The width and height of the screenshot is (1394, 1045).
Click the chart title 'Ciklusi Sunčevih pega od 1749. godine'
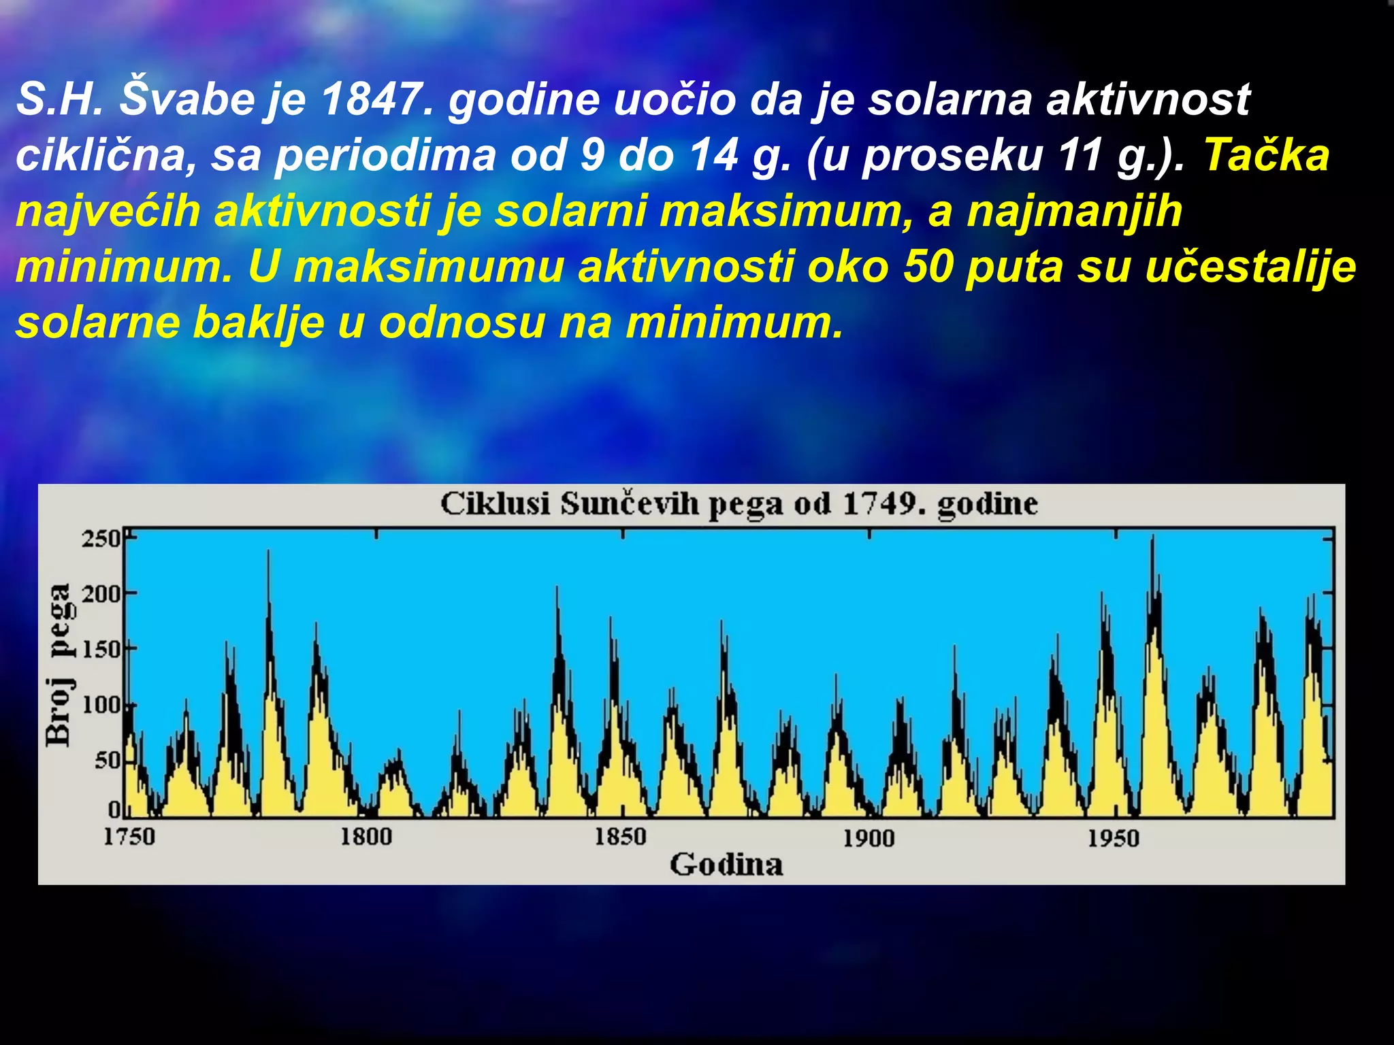coord(739,505)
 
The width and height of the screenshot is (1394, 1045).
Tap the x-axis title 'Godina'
coord(726,865)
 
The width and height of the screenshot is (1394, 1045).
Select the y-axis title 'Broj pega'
coord(60,665)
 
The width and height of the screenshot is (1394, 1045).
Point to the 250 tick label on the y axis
coord(101,539)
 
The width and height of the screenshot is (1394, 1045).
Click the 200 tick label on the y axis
coord(101,594)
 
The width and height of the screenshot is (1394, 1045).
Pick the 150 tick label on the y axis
coord(101,649)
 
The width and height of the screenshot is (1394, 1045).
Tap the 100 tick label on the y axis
coord(101,705)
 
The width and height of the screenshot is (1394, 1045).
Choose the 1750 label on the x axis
coord(129,836)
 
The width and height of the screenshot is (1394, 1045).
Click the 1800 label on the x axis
coord(366,836)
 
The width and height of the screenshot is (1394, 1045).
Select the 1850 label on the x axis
coord(620,836)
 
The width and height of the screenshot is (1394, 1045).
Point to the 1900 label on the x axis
coord(869,837)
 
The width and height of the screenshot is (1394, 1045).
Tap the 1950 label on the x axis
coord(1113,837)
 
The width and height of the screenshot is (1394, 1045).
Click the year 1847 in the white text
coord(376,99)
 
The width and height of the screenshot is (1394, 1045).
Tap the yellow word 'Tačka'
coord(1267,155)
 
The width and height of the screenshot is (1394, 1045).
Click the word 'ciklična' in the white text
coord(101,155)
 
